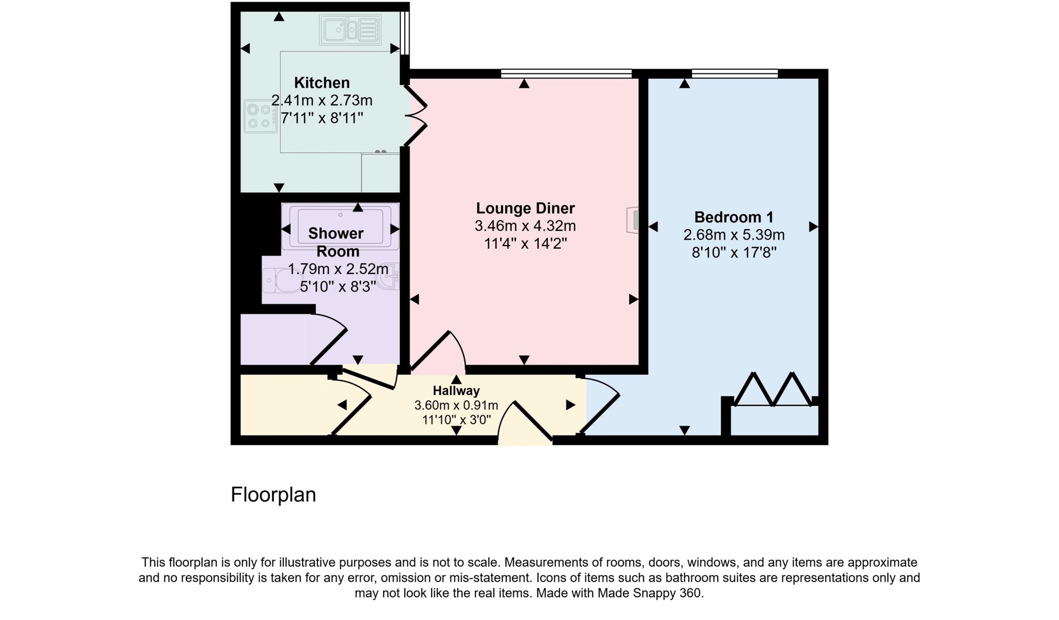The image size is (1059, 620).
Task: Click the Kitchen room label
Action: point(322,83)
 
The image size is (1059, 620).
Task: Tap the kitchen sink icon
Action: point(350,29)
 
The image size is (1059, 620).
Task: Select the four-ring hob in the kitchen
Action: point(260,116)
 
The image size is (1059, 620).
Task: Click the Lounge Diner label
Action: point(525,208)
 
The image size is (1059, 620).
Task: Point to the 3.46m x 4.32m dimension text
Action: point(525,226)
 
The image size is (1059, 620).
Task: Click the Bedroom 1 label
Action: point(733,217)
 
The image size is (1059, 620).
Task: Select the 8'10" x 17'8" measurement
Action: point(734,253)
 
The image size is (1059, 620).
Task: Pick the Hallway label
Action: point(456,391)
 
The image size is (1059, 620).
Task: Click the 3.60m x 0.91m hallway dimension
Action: point(456,405)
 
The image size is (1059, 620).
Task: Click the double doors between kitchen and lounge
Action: point(417,115)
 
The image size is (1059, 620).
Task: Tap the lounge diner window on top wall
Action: point(566,73)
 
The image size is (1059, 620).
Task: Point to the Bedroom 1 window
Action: point(734,73)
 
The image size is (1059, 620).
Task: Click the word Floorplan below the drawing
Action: point(273,495)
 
